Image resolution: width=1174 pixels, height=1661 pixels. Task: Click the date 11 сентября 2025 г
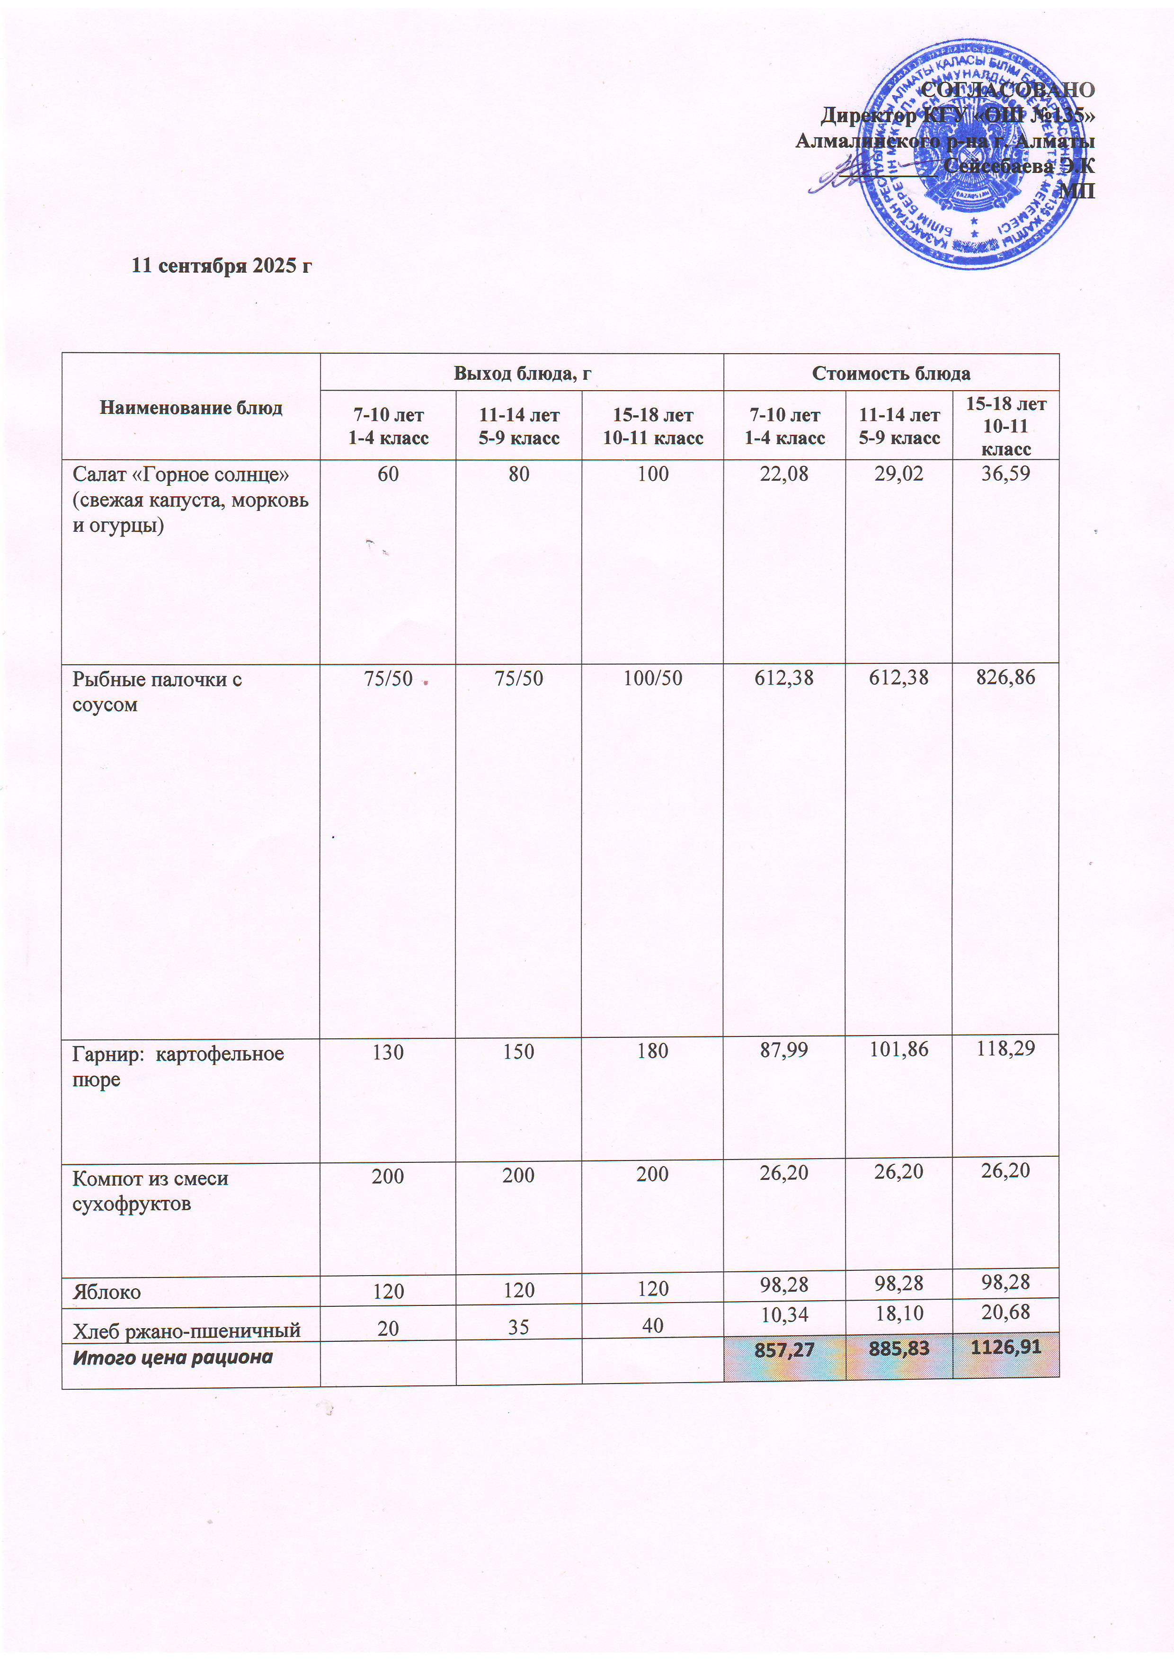coord(222,266)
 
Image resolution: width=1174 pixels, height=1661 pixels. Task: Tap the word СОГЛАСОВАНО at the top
coord(1008,89)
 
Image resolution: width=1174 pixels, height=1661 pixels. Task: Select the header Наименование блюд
coord(191,408)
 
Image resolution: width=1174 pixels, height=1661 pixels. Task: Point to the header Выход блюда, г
coord(522,373)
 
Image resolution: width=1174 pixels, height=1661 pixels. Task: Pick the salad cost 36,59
coord(1005,474)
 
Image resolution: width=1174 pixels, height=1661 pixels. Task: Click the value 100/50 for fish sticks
coord(652,678)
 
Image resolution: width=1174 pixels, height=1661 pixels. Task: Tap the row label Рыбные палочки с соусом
coord(157,692)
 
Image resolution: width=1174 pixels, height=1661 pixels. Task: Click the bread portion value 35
coord(519,1327)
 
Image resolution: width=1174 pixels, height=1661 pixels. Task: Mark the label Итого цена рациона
coord(173,1357)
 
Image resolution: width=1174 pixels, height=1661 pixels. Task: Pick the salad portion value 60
coord(389,474)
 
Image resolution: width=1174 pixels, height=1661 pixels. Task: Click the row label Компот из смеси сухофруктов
coord(150,1191)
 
